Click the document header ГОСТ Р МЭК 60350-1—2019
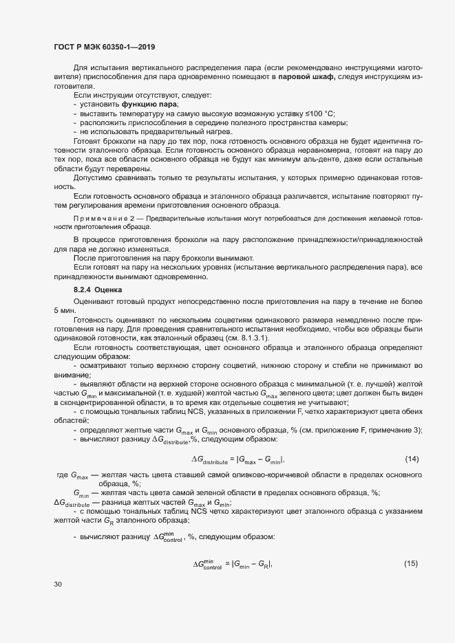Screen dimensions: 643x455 click(x=103, y=47)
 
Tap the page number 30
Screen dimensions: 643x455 click(x=58, y=585)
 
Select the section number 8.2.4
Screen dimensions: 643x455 click(x=82, y=290)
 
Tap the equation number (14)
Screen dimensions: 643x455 click(x=412, y=459)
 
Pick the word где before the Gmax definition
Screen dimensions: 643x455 click(x=61, y=475)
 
